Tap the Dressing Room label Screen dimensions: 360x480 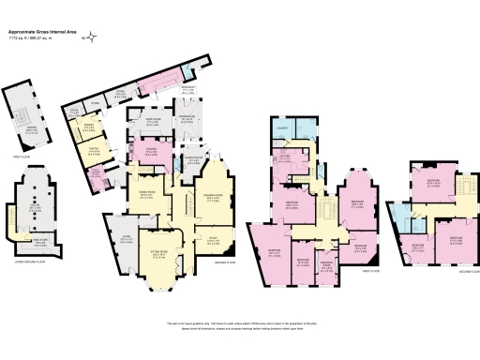(x=327, y=263)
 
